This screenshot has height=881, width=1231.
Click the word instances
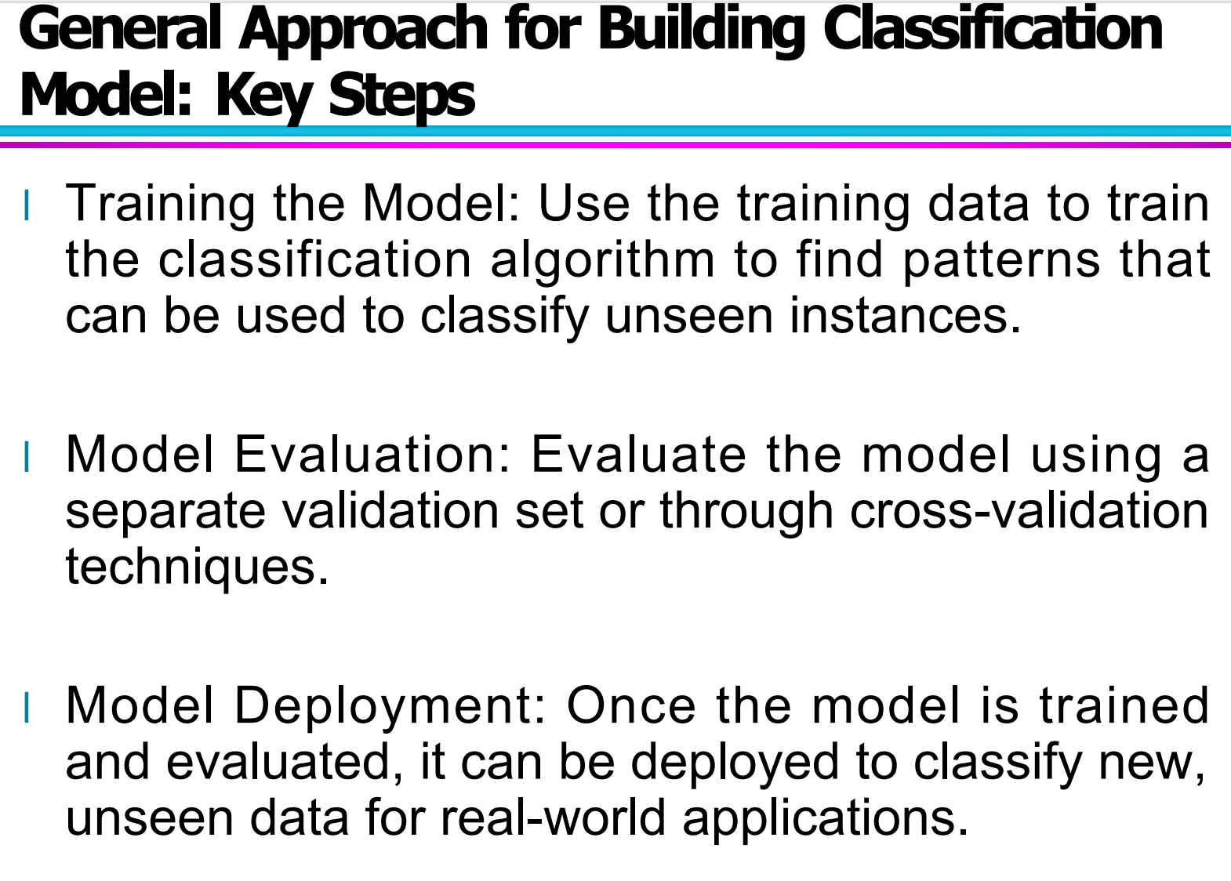(x=905, y=316)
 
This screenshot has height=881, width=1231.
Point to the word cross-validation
(x=1029, y=511)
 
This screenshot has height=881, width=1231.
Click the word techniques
(x=197, y=567)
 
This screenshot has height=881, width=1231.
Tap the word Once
(x=631, y=705)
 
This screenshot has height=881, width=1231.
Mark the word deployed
(x=735, y=764)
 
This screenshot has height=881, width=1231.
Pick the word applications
(x=825, y=821)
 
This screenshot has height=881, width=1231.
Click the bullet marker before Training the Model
(x=27, y=205)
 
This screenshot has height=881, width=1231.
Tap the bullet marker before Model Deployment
(x=27, y=708)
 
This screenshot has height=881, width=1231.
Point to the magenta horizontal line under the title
(x=615, y=145)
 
